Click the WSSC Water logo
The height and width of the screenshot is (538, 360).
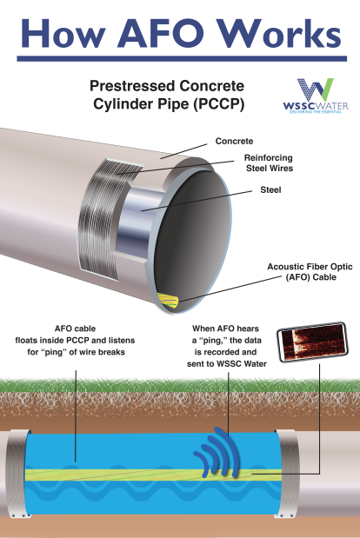316,96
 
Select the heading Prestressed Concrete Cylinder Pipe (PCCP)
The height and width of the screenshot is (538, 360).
167,95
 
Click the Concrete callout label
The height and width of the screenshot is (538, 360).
234,141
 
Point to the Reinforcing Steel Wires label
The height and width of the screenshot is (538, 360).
269,163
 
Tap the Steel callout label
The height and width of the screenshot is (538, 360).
270,189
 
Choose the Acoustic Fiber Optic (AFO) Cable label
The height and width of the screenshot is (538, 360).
310,272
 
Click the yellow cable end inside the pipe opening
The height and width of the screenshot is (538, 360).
168,302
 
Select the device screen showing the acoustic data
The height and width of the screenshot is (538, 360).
312,342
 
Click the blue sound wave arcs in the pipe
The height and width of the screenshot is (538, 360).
217,452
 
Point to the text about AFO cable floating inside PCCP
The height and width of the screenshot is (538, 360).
75,340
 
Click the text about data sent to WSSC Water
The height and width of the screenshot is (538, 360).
226,346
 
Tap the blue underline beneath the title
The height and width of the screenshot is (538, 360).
182,59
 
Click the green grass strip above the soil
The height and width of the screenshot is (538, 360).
180,385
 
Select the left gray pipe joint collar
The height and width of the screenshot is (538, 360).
16,474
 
